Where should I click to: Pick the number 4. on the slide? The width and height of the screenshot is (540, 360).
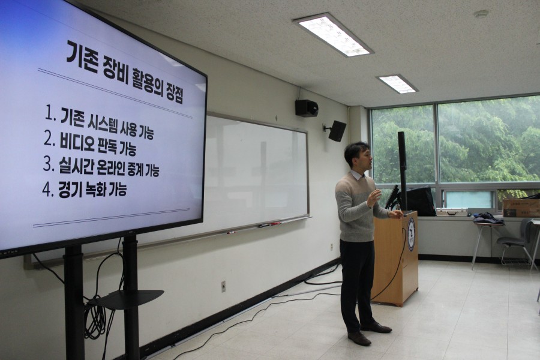[x=48, y=190]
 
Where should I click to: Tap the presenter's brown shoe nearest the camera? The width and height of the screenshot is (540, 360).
[x=359, y=338]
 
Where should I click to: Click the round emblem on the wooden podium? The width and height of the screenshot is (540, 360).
[x=411, y=234]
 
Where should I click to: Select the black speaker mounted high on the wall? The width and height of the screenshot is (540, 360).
[x=307, y=108]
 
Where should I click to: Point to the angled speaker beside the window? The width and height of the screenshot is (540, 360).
[x=337, y=131]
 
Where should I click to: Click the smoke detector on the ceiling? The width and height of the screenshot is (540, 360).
[x=481, y=14]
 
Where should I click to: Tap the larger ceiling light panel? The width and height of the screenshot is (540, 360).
[x=332, y=35]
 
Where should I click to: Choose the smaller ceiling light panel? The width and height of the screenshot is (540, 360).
[x=397, y=84]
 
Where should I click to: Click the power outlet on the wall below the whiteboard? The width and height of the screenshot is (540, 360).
[x=223, y=286]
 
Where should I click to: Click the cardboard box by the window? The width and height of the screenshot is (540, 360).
[x=521, y=208]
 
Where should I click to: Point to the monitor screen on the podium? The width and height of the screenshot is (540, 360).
[x=392, y=197]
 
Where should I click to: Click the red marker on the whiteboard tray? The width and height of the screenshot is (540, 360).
[x=275, y=224]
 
